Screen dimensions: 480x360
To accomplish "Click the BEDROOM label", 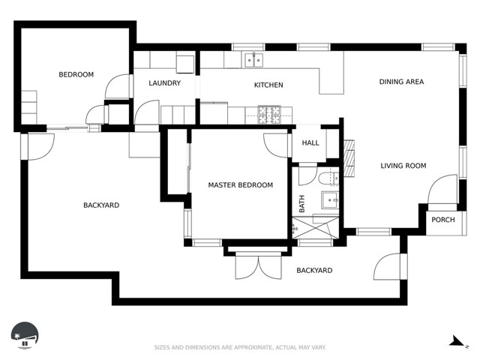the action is [x=76, y=74].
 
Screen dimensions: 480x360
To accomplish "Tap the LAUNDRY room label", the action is [x=165, y=83].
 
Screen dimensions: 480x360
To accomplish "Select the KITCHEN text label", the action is [x=268, y=85].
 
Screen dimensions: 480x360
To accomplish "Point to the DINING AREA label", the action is [x=401, y=82].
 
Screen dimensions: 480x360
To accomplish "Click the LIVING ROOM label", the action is [x=403, y=166].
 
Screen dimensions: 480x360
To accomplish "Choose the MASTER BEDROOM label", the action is [x=240, y=185].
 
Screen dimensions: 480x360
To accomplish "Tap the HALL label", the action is [x=310, y=142].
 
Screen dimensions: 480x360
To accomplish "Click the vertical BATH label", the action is [x=301, y=204].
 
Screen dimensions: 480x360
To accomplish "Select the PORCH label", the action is [x=443, y=220].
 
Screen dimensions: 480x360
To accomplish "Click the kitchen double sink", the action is [x=253, y=60].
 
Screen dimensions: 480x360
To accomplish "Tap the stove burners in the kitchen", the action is [x=269, y=115].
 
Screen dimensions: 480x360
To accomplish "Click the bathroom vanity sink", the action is [x=330, y=200].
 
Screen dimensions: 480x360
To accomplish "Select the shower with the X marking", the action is [x=316, y=227].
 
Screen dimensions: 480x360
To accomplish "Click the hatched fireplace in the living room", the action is [x=349, y=158].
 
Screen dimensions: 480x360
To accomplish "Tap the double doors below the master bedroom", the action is [x=258, y=266].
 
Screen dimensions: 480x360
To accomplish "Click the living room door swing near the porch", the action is [x=442, y=189].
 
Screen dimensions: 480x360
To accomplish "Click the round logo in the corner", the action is [x=25, y=335].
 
